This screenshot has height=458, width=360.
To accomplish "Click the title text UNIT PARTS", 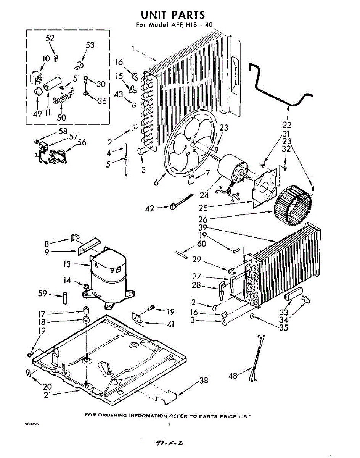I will [173, 15].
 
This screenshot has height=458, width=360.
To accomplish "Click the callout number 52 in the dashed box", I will [50, 38].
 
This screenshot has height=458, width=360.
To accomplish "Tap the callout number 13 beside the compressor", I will [67, 264].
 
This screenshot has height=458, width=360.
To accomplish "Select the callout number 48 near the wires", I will [233, 376].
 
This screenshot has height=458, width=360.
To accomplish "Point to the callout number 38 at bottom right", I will [204, 380].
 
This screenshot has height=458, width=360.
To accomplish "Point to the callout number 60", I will [201, 244].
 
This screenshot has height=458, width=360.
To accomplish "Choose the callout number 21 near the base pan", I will [47, 395].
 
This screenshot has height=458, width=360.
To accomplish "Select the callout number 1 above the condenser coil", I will [133, 48].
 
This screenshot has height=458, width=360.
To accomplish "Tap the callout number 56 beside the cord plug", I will [82, 142].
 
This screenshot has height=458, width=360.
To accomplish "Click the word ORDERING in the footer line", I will [113, 416].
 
